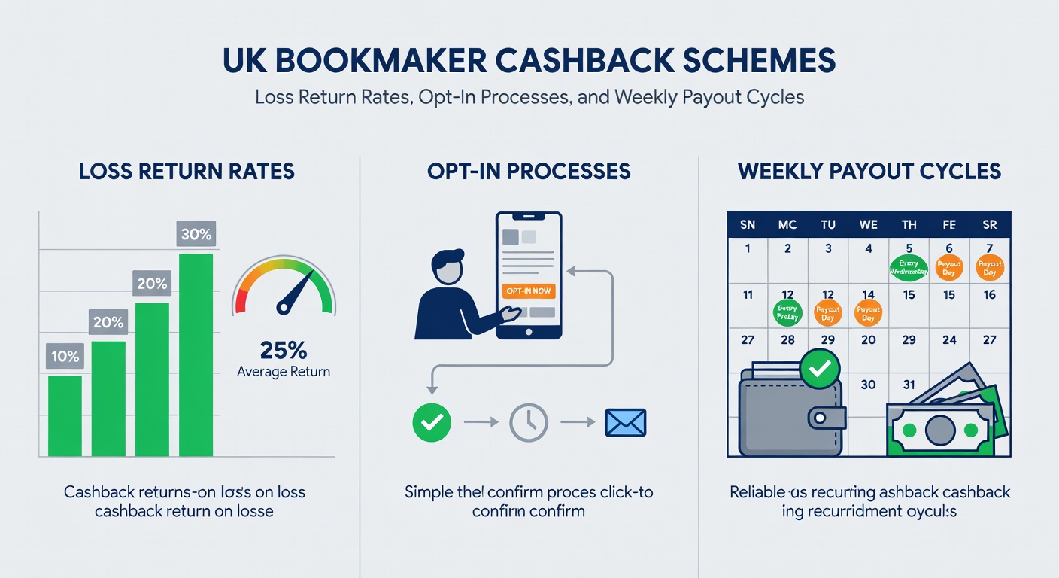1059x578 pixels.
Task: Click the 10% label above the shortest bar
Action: pyautogui.click(x=65, y=357)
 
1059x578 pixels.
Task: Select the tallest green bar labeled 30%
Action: pyautogui.click(x=196, y=354)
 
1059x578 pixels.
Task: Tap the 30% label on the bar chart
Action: pyautogui.click(x=196, y=234)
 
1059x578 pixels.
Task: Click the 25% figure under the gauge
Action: pyautogui.click(x=283, y=350)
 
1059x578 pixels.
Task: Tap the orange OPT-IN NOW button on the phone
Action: pyautogui.click(x=529, y=291)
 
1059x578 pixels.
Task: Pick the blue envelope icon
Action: pyautogui.click(x=625, y=423)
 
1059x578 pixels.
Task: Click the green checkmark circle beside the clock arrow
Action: pyautogui.click(x=432, y=423)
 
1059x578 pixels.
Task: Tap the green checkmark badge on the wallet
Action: pyautogui.click(x=819, y=368)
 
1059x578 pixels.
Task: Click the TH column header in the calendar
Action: pyautogui.click(x=909, y=224)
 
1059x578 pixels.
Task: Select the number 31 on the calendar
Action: pyautogui.click(x=909, y=385)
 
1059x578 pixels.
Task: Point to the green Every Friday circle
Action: pyautogui.click(x=786, y=312)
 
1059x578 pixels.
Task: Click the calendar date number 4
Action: pyautogui.click(x=869, y=248)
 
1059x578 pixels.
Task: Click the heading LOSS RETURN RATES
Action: pyautogui.click(x=187, y=172)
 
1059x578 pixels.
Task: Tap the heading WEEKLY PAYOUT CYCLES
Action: pyautogui.click(x=869, y=172)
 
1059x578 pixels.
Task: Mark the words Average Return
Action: pyautogui.click(x=283, y=372)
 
